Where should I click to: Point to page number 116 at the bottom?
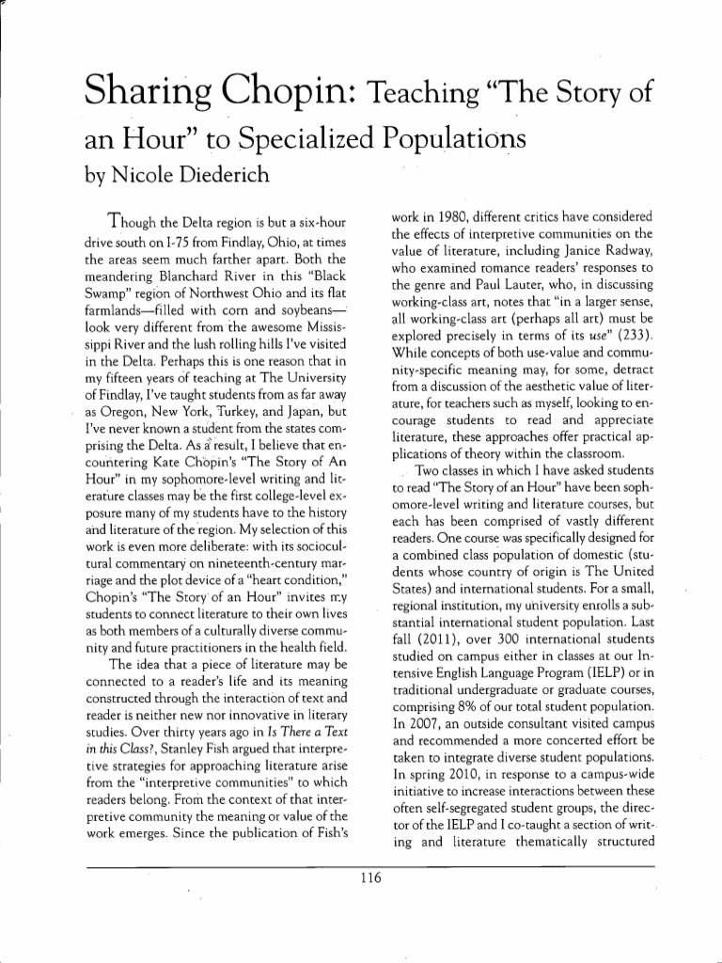[360, 879]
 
